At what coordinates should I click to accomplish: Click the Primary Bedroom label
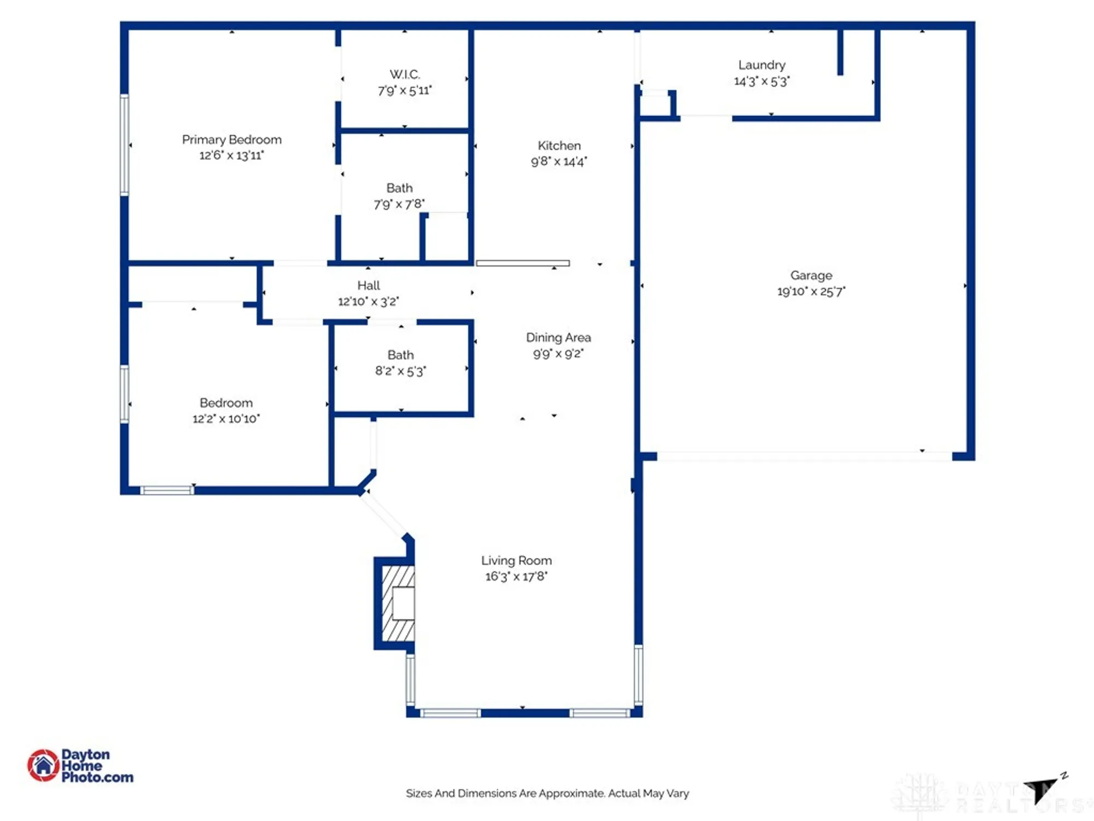coord(231,140)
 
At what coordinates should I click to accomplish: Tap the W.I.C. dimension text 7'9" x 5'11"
coord(405,91)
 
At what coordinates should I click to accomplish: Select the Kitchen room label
coord(559,146)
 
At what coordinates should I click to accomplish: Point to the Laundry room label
coord(761,65)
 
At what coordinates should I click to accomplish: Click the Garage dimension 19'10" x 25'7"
coord(811,291)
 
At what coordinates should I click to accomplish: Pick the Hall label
coord(368,285)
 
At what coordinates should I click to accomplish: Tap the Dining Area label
coord(558,338)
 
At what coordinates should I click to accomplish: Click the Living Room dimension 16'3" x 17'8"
coord(516,576)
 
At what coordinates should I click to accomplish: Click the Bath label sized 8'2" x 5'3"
coord(400,355)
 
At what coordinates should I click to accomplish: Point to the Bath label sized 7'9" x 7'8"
coord(399,188)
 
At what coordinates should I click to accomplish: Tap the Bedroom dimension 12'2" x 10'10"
coord(226,419)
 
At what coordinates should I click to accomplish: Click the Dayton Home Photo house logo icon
coord(43,765)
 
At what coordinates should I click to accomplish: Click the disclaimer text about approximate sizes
coord(547,793)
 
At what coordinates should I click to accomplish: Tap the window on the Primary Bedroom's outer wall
coord(125,145)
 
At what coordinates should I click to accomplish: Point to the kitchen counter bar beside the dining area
coord(522,263)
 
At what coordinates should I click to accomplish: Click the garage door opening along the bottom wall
coord(804,456)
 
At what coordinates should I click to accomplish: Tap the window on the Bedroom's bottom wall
coord(167,490)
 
